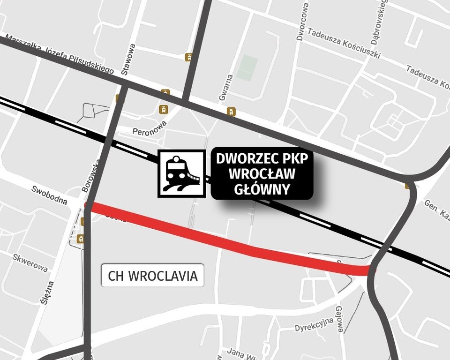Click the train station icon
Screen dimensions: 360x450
pos(181,173)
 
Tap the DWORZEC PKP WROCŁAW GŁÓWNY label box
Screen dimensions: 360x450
pos(262,173)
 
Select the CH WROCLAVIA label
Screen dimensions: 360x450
pos(153,276)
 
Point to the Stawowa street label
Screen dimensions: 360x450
pos(128,59)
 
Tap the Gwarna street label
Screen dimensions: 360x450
pos(225,88)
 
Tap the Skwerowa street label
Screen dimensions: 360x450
pos(30,263)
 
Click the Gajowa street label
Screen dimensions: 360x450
pos(340,319)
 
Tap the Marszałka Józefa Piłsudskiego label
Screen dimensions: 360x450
pos(59,53)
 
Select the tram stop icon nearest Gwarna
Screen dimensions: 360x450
pos(231,112)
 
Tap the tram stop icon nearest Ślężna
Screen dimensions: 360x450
pos(81,239)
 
